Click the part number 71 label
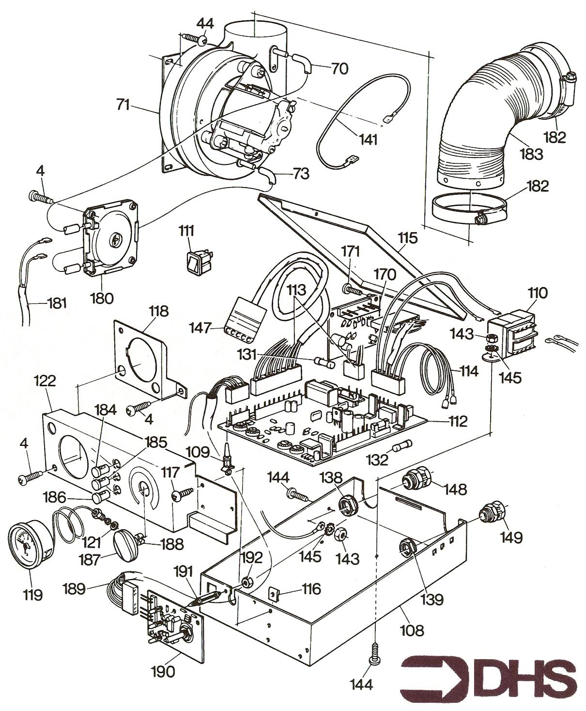(123, 104)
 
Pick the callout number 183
(531, 154)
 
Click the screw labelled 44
(194, 38)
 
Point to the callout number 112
(457, 421)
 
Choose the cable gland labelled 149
(490, 514)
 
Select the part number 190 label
(163, 671)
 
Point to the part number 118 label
(159, 311)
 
